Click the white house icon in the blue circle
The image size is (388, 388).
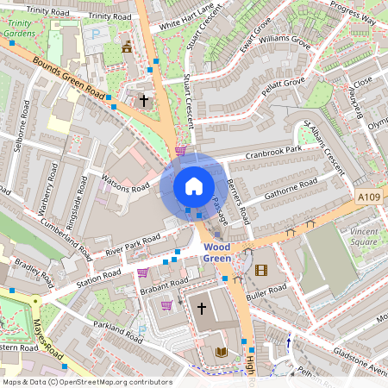(x=193, y=185)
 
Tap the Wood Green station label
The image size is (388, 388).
(x=216, y=251)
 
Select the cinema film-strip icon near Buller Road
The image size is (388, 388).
(x=261, y=270)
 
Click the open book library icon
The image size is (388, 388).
(x=220, y=352)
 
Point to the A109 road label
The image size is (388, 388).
(x=369, y=197)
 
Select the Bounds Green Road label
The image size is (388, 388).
(x=69, y=78)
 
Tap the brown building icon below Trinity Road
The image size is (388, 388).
(x=128, y=47)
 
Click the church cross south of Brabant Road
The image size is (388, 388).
(x=202, y=308)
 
